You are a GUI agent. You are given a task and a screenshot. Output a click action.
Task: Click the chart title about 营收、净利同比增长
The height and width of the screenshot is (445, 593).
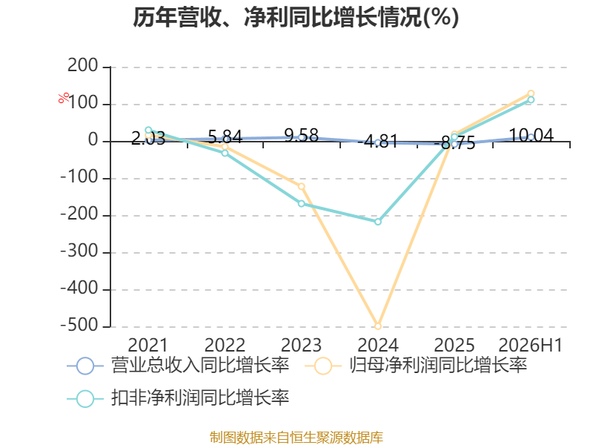pos(296,17)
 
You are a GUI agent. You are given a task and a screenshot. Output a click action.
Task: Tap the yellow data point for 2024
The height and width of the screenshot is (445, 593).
pos(377,326)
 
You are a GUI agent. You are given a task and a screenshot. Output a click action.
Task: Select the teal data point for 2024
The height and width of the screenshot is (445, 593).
pos(378,222)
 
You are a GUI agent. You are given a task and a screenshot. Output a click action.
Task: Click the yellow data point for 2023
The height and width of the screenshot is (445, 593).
pos(302,187)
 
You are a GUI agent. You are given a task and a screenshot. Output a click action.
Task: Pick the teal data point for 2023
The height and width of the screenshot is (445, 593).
pos(302,203)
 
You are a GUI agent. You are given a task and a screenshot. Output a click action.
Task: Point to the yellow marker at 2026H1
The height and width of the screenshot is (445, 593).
pos(531,93)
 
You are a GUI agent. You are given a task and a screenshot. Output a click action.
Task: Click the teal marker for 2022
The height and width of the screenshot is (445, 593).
pos(225,153)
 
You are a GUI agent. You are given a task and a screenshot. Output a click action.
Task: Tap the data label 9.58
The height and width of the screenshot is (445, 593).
pos(302,136)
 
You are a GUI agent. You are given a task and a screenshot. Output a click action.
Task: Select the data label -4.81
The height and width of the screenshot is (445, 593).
pos(378,141)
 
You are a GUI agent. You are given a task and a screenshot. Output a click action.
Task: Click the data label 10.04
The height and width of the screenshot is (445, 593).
pos(531,135)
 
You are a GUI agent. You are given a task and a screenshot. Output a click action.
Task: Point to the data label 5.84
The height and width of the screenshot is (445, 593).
pos(225,136)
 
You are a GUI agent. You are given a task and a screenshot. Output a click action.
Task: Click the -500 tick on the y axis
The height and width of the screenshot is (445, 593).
pos(80,326)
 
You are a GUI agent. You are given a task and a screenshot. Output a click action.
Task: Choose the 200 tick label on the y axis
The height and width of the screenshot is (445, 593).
pos(83,66)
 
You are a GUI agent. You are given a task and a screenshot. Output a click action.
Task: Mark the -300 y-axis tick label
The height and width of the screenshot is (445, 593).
pos(80,251)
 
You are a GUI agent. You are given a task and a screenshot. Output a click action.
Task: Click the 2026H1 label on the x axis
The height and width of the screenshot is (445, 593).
pos(531,345)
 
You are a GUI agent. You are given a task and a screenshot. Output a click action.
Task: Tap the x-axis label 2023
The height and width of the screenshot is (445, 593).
pos(302,345)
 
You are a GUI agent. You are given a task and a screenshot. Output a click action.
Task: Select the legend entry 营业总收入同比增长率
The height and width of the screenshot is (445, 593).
pos(178,366)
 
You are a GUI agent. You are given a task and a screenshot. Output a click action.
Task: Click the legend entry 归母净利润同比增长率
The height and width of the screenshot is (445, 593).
pos(416,366)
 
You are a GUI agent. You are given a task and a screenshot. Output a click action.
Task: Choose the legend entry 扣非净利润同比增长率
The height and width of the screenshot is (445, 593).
pos(178,398)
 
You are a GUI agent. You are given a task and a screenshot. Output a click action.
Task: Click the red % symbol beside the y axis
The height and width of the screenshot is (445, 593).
pos(64,98)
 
